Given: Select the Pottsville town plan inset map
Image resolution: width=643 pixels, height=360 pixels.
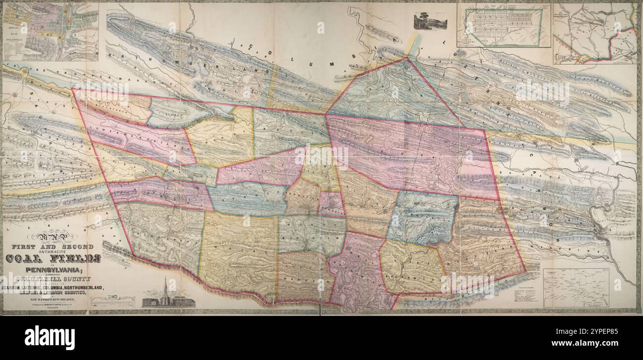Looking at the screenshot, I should tap(50, 32).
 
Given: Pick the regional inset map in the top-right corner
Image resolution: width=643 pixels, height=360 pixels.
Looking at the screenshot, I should tap(595, 33).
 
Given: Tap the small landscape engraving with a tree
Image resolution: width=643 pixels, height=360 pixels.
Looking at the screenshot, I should tap(430, 21).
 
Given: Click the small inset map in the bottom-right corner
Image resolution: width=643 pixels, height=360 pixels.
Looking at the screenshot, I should tap(575, 288).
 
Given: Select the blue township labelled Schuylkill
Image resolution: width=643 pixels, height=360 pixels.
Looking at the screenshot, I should tap(422, 218).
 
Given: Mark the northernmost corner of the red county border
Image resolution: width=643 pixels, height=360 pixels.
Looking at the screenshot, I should tap(407, 58).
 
